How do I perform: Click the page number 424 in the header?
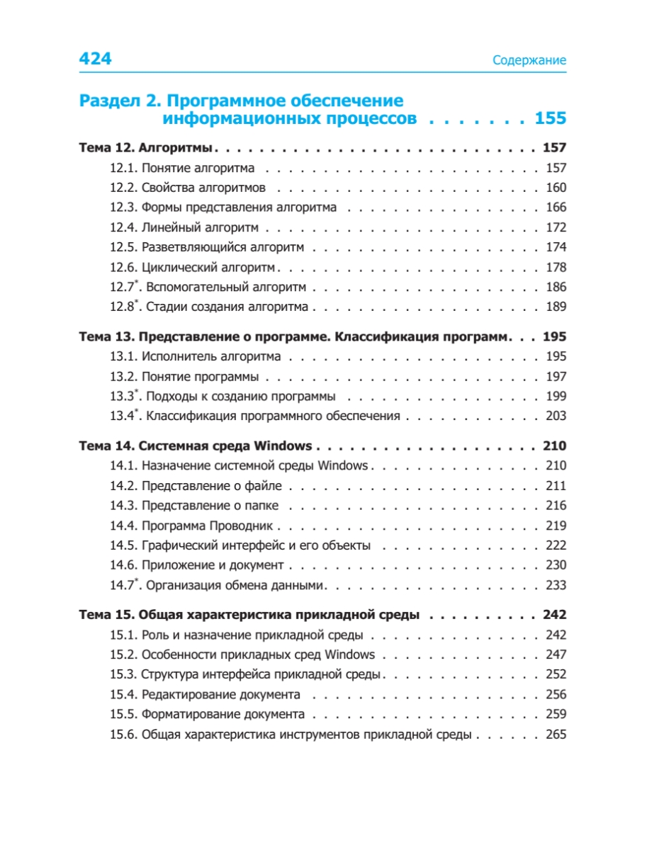[95, 59]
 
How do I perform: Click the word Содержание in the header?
[529, 61]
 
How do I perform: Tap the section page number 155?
[550, 118]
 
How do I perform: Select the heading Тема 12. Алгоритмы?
[147, 148]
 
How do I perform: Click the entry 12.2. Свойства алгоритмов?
[188, 188]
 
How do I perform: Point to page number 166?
[556, 208]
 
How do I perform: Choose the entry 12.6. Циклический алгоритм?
[193, 268]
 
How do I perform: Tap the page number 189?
[556, 307]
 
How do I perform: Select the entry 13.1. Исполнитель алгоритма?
[195, 356]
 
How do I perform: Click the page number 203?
[556, 416]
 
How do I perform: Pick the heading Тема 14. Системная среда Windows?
[195, 446]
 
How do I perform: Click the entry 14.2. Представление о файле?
[196, 486]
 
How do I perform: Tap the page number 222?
[556, 545]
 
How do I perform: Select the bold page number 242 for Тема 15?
[553, 614]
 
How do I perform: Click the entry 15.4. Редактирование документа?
[205, 695]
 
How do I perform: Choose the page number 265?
[556, 735]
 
